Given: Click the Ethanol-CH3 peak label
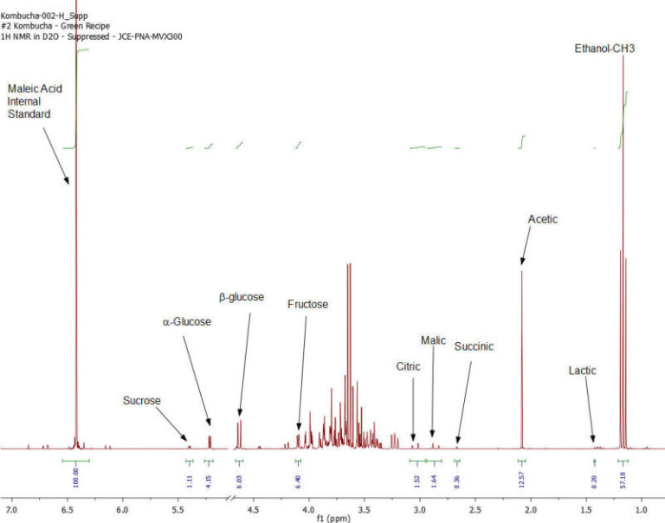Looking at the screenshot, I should coord(605,48).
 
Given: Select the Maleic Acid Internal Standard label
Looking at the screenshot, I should coord(35,101).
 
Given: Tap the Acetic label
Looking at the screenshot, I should coord(543,220).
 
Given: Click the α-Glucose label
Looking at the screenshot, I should coord(187,322).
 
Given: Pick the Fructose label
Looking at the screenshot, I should coord(308,305).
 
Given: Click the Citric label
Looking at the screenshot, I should coord(408,366).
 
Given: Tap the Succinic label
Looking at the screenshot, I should coord(474,346).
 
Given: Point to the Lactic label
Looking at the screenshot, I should coord(583,371).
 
